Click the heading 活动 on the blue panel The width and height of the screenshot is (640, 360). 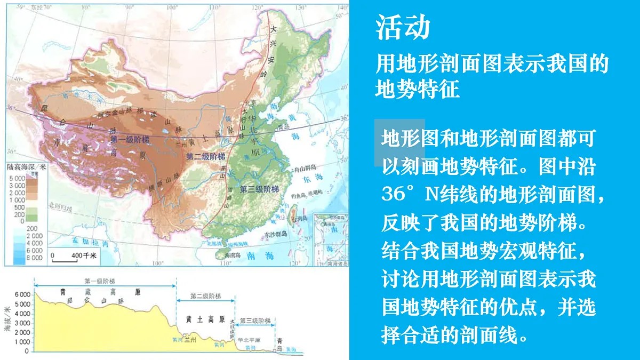tap(403, 28)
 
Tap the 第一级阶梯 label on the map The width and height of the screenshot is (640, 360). tap(129, 140)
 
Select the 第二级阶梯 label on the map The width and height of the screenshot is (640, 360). tap(205, 157)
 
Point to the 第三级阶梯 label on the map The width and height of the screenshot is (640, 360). tap(259, 189)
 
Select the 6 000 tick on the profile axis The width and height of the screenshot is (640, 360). tap(22, 294)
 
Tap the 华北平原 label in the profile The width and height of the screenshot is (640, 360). tap(249, 339)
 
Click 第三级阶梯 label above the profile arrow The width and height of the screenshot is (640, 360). tap(254, 321)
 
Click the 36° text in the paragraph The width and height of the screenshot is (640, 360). tap(398, 194)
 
